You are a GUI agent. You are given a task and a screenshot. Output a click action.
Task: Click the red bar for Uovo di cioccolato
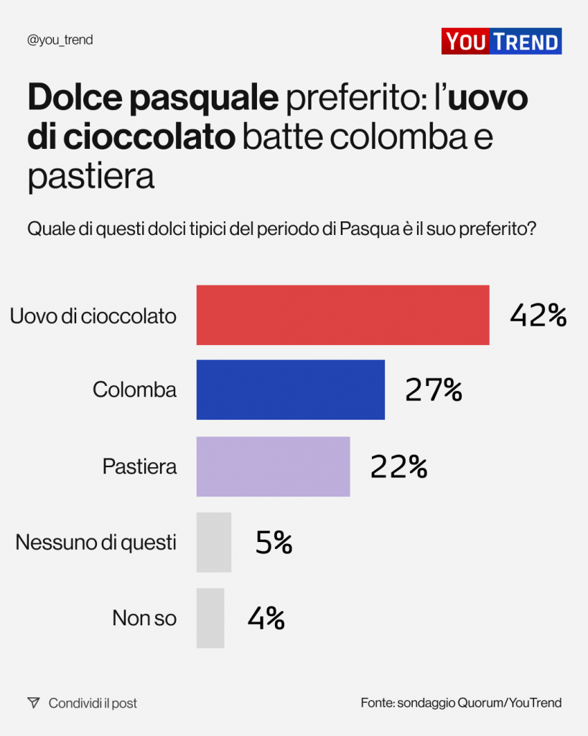pyautogui.click(x=342, y=315)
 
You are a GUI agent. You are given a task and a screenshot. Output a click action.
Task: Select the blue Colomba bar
pyautogui.click(x=290, y=390)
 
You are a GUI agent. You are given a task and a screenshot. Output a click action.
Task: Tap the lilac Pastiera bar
pyautogui.click(x=273, y=466)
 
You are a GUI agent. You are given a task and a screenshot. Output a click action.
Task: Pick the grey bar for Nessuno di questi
pyautogui.click(x=214, y=542)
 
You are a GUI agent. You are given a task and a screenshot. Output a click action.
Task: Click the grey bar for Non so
pyautogui.click(x=210, y=618)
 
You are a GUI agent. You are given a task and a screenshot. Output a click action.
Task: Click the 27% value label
pyautogui.click(x=433, y=390)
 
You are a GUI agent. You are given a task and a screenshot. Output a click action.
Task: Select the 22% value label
pyautogui.click(x=398, y=466)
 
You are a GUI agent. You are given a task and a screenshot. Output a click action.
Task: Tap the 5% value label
pyautogui.click(x=274, y=543)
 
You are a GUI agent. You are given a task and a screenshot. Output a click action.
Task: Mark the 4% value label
pyautogui.click(x=266, y=618)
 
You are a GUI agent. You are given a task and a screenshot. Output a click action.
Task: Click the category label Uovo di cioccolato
pyautogui.click(x=93, y=316)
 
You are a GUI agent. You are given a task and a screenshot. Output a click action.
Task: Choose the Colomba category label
pyautogui.click(x=134, y=390)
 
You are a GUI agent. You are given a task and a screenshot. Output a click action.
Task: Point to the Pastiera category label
pyautogui.click(x=139, y=466)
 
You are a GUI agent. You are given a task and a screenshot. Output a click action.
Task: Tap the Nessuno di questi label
pyautogui.click(x=95, y=542)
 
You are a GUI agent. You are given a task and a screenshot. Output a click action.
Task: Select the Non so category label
pyautogui.click(x=144, y=618)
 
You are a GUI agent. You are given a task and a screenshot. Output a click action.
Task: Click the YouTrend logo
pyautogui.click(x=501, y=41)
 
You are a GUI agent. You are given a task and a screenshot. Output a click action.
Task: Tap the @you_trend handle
pyautogui.click(x=60, y=40)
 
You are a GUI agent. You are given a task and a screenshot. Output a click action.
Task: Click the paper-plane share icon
pyautogui.click(x=33, y=703)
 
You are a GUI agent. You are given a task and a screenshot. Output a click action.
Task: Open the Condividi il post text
pyautogui.click(x=93, y=703)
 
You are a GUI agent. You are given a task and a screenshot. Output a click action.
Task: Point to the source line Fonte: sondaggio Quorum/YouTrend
pyautogui.click(x=461, y=703)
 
